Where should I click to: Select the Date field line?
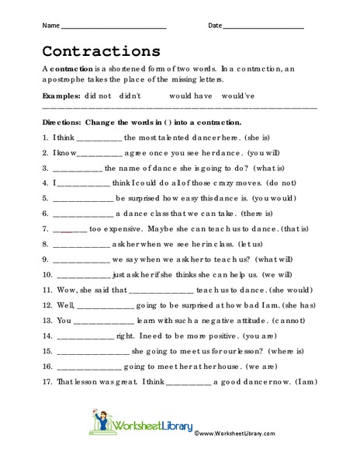[x=263, y=28]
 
